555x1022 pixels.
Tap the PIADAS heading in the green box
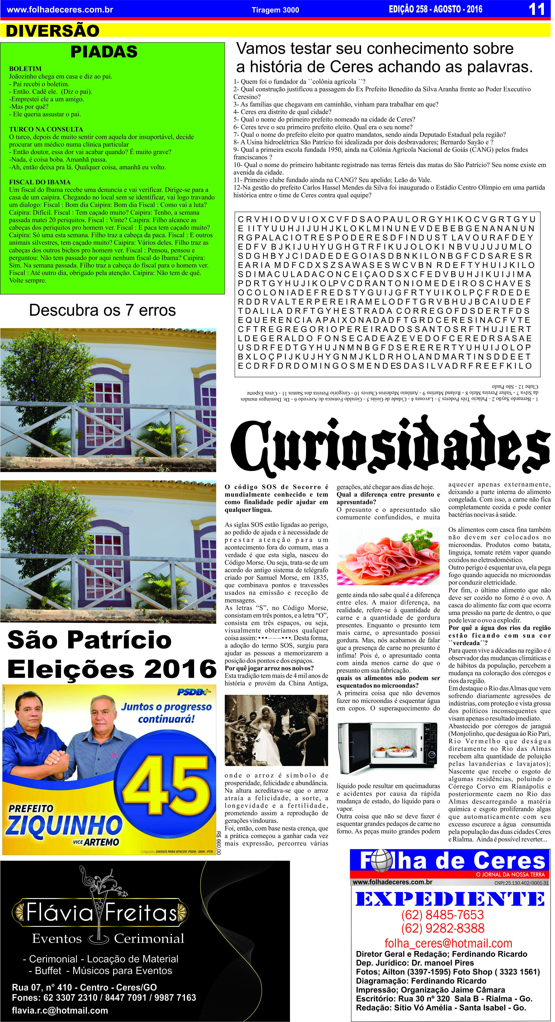tap(104, 52)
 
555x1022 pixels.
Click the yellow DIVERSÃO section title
tap(53, 31)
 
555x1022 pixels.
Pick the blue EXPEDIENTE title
tap(450, 899)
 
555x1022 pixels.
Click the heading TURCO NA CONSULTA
tap(46, 129)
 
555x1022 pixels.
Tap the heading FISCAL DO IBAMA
tap(40, 182)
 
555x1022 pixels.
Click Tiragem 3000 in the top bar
tap(275, 10)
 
